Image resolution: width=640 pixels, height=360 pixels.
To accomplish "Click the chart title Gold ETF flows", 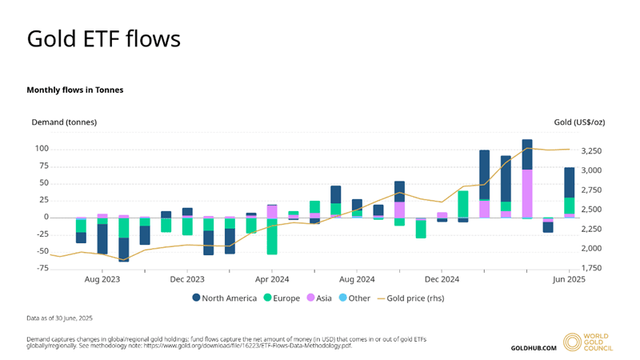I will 104,38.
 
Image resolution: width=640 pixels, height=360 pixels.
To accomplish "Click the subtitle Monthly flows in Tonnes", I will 75,90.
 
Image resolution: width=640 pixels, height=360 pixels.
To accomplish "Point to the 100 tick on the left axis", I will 42,149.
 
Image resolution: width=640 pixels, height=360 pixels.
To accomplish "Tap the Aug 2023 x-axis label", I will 102,279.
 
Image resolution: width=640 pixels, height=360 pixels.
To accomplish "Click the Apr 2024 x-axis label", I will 272,279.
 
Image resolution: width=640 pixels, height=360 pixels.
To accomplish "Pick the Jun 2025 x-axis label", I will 568,279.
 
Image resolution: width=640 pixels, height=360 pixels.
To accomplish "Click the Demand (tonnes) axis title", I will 64,122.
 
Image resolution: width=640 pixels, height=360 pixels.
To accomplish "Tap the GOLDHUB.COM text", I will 533,348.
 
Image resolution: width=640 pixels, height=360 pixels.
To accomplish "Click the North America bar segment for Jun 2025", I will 569,182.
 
